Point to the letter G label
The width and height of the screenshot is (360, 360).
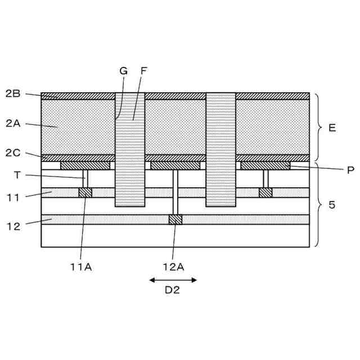(x=124, y=71)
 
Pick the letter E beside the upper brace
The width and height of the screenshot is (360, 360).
(x=332, y=128)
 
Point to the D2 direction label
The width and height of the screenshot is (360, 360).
(x=173, y=291)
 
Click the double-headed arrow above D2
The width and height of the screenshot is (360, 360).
(x=173, y=280)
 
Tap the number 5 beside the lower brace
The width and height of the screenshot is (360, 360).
(x=331, y=205)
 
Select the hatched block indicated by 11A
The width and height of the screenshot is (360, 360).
(x=85, y=192)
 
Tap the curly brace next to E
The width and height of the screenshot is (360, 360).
(x=317, y=128)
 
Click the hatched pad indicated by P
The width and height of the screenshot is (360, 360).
(x=265, y=165)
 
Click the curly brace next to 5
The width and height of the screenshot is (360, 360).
(x=317, y=205)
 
